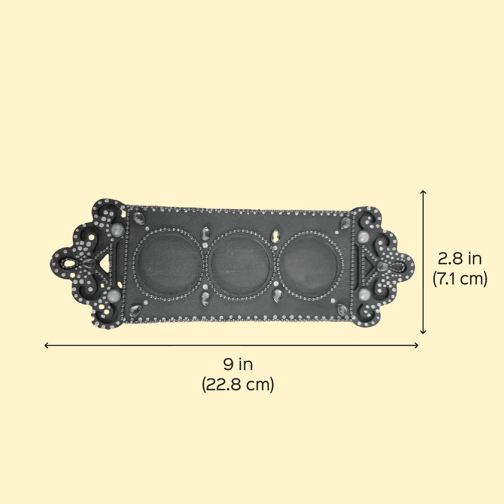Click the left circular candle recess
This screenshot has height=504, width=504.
click(167, 264)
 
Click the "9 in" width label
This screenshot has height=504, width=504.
click(238, 364)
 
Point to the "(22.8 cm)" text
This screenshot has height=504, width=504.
click(238, 384)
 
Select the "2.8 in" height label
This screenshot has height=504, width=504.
click(460, 259)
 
